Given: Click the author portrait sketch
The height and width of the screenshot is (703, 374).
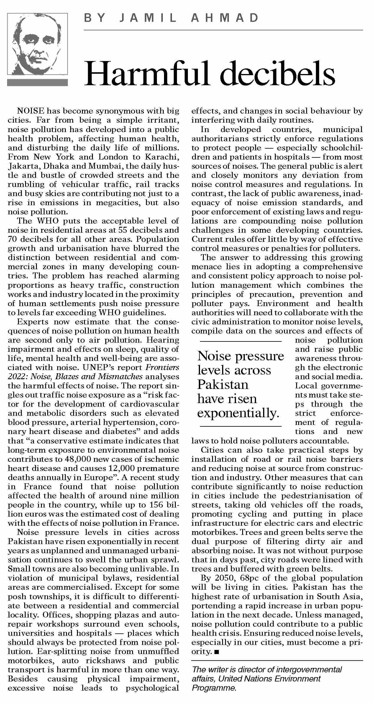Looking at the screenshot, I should coord(37,44).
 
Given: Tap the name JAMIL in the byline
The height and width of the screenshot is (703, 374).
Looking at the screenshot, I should coord(148,18).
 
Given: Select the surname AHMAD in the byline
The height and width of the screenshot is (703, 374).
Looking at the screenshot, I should coord(225,18).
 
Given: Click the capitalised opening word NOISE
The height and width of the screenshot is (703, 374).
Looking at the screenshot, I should coord(31,111).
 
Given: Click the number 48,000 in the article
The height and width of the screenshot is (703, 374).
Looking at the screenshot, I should coord(78,459).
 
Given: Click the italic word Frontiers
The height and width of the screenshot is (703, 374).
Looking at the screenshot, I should coord(163,367).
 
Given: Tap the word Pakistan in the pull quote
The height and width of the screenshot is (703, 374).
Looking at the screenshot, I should coord(223,385).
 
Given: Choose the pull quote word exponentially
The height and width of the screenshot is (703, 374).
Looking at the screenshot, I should coord(238,413).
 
